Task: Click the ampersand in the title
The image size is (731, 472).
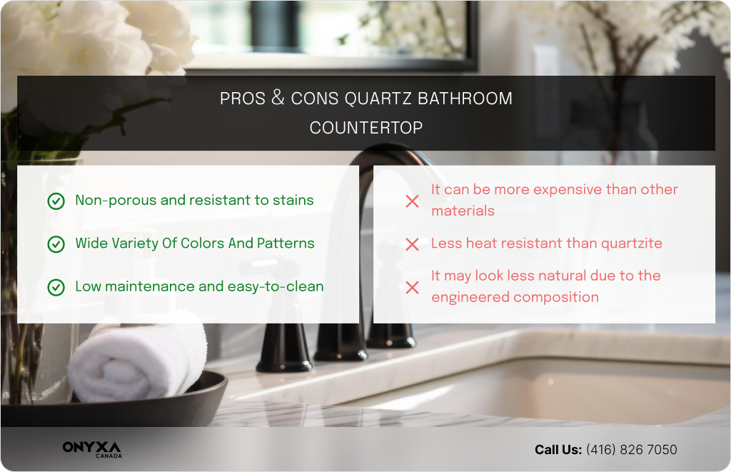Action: click(x=278, y=98)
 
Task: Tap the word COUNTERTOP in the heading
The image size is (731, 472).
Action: click(x=366, y=128)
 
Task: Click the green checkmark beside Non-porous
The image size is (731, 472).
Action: click(x=56, y=201)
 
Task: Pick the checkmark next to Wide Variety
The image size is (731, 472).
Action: click(x=56, y=244)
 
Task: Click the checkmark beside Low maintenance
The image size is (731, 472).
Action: click(x=56, y=287)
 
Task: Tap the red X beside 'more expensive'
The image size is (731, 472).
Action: click(x=412, y=201)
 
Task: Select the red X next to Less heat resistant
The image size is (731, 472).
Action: click(x=412, y=244)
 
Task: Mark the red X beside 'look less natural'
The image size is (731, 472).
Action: click(x=412, y=287)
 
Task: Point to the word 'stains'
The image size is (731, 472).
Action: click(x=293, y=201)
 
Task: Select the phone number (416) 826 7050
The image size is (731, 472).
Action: click(x=631, y=450)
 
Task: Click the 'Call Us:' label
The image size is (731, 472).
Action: click(x=558, y=450)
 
